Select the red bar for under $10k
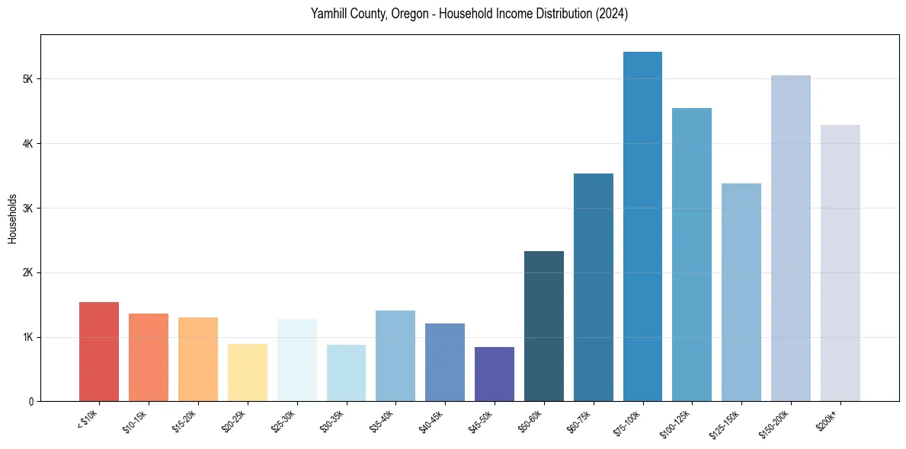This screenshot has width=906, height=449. (x=99, y=352)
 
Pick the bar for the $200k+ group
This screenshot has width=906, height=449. (x=840, y=263)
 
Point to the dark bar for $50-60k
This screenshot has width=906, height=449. (x=544, y=326)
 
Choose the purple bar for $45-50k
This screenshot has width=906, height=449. (x=495, y=374)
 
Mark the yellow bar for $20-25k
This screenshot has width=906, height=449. (x=248, y=373)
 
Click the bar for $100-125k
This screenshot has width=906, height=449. (x=692, y=255)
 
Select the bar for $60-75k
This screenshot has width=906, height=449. (x=594, y=288)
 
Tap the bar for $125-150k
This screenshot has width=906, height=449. (x=741, y=292)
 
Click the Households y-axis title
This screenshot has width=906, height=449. (x=12, y=218)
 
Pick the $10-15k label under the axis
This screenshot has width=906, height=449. (x=135, y=421)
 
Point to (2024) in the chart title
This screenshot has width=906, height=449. (x=612, y=14)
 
